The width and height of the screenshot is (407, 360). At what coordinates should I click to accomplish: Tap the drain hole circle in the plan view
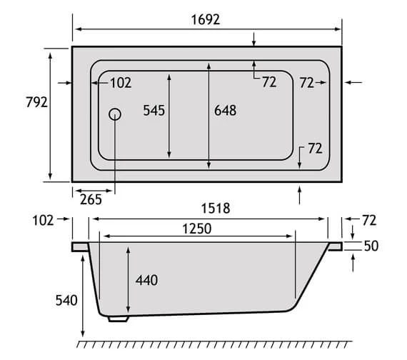(115, 114)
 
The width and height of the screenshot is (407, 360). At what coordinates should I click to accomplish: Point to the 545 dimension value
(154, 110)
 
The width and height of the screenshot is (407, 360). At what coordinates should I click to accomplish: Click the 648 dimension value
(224, 110)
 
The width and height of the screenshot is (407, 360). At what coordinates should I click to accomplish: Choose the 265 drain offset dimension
(91, 199)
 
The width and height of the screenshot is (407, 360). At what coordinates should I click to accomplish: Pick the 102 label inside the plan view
(121, 83)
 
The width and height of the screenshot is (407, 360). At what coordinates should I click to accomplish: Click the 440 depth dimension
(146, 280)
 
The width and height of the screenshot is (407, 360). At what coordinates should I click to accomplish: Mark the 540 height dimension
(65, 300)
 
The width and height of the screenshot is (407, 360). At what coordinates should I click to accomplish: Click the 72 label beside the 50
(369, 220)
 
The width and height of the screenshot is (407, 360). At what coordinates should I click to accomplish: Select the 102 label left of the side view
(43, 220)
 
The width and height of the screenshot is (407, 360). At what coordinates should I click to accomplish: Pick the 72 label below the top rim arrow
(268, 83)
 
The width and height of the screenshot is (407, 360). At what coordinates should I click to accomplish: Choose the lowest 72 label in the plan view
(315, 149)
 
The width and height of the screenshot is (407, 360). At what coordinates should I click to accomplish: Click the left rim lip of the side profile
(79, 246)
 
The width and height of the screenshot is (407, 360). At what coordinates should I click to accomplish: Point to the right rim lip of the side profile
(334, 246)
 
